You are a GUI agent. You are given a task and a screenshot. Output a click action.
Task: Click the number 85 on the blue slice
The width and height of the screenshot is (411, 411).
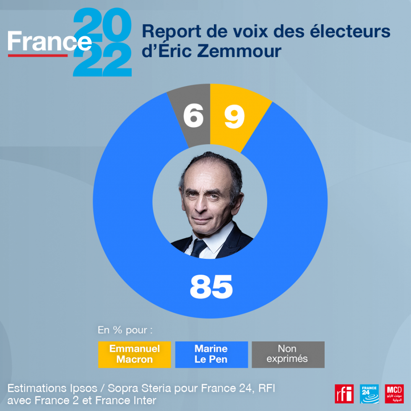211,286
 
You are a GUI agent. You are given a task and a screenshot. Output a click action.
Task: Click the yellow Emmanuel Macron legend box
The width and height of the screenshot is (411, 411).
135,354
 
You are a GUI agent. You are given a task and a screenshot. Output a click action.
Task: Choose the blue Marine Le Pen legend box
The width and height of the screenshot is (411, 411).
211,354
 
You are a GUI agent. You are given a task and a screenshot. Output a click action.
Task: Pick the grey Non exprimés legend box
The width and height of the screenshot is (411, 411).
288,354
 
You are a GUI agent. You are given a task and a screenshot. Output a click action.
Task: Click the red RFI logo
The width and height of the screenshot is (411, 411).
344,394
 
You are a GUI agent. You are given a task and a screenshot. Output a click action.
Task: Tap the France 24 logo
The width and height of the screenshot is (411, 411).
369,394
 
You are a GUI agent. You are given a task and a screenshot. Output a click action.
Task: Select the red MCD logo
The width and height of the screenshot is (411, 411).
394,394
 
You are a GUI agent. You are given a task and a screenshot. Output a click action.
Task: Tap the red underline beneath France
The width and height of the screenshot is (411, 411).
38,55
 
